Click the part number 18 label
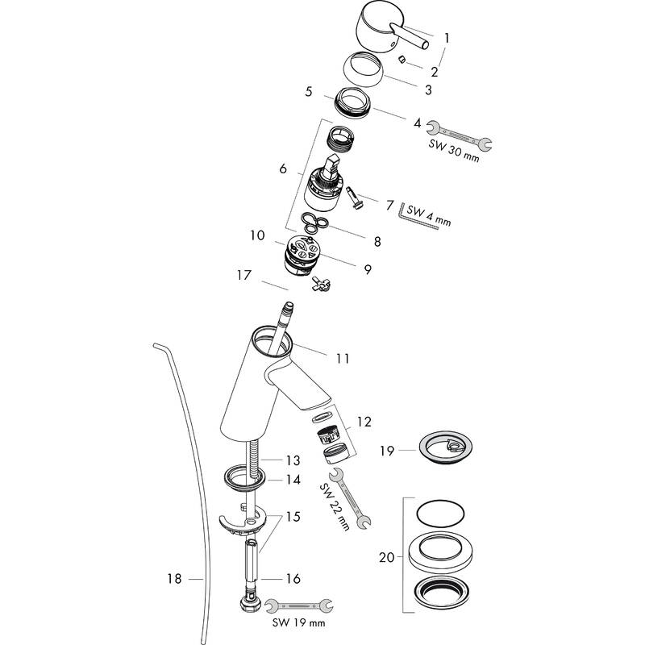pyautogui.click(x=174, y=578)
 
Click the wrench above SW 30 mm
pyautogui.click(x=459, y=135)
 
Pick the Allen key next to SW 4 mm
pyautogui.click(x=418, y=218)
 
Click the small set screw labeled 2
pyautogui.click(x=400, y=59)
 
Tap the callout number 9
pyautogui.click(x=367, y=269)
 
